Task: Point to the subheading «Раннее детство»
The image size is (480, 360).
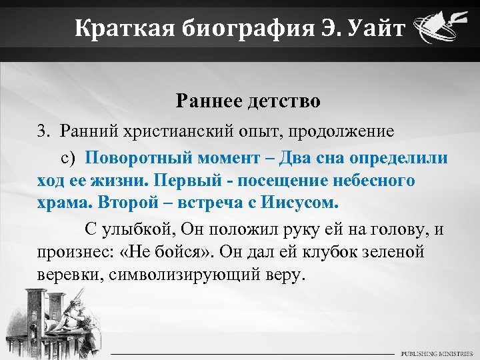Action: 248,101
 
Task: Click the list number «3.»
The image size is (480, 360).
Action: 45,131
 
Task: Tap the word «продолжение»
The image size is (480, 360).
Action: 338,131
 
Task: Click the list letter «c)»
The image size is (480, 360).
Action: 71,158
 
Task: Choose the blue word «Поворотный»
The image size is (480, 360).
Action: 137,158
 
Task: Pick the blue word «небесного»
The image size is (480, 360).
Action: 371,181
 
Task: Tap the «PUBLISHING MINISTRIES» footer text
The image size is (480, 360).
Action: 437,353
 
